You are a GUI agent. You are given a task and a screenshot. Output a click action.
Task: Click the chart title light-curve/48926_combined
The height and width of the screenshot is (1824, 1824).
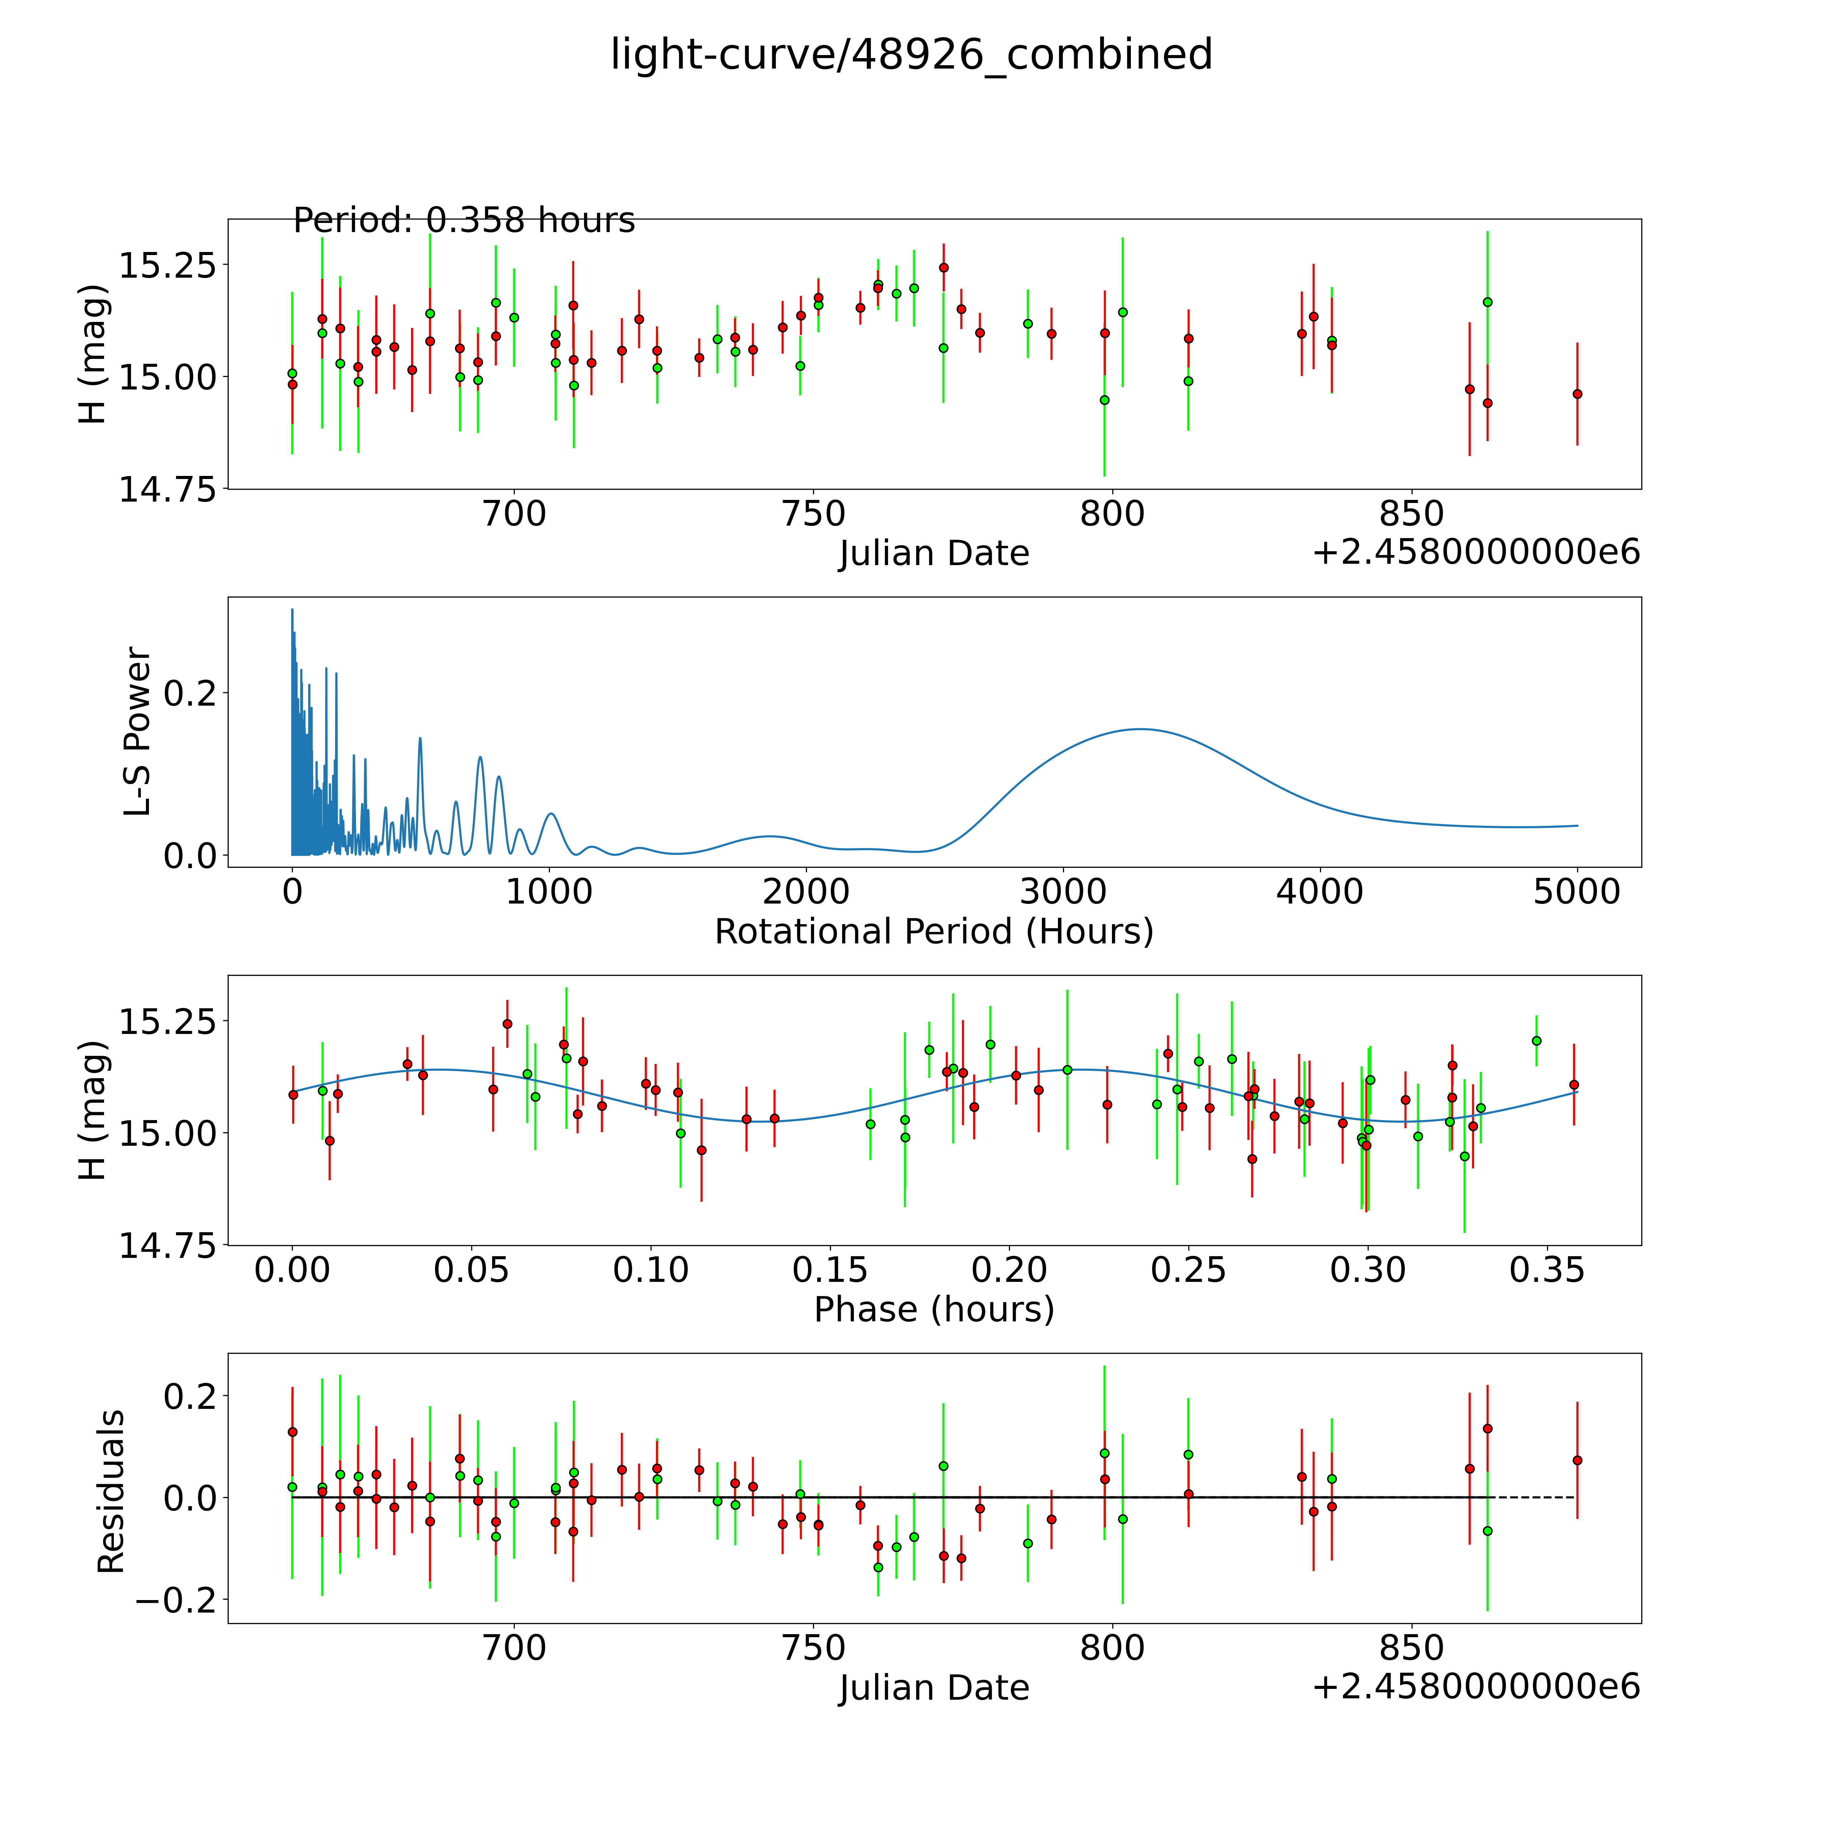click(911, 55)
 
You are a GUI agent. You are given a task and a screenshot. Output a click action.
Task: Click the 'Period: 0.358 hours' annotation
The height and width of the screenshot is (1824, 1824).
click(463, 221)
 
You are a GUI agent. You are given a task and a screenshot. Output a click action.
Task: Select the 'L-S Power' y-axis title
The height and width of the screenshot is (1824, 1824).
click(138, 732)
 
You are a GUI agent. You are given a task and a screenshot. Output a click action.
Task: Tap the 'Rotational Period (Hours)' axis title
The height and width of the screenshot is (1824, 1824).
click(934, 932)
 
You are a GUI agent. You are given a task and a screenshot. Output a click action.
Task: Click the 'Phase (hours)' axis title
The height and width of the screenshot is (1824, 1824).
click(934, 1310)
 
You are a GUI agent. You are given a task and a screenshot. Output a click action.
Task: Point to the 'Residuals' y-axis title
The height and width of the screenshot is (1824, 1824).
click(111, 1492)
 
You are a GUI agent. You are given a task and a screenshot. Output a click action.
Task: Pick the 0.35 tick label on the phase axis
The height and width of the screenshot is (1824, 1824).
click(1546, 1270)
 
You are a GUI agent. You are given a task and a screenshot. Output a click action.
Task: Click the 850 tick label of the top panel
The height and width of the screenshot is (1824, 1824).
click(1412, 514)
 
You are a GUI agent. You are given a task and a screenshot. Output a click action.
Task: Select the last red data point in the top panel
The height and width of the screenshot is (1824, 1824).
click(1577, 394)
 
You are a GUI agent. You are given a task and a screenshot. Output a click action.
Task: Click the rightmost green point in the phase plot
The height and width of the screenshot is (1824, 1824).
click(1536, 1040)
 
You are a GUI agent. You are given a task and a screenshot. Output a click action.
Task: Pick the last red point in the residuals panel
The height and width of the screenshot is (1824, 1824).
click(1577, 1461)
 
